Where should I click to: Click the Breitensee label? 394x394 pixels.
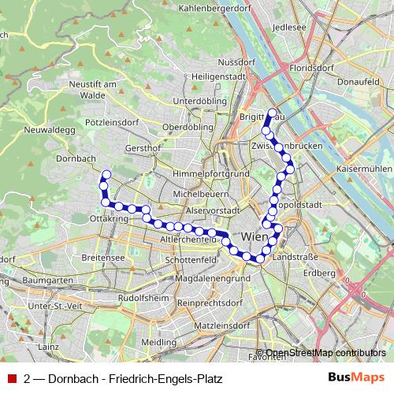pos(103,258)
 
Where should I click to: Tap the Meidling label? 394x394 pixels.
pos(159,343)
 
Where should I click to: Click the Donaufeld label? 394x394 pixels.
pos(358,81)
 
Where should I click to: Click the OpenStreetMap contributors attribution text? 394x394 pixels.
pos(326,352)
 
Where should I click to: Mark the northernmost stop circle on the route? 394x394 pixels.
pos(272,112)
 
